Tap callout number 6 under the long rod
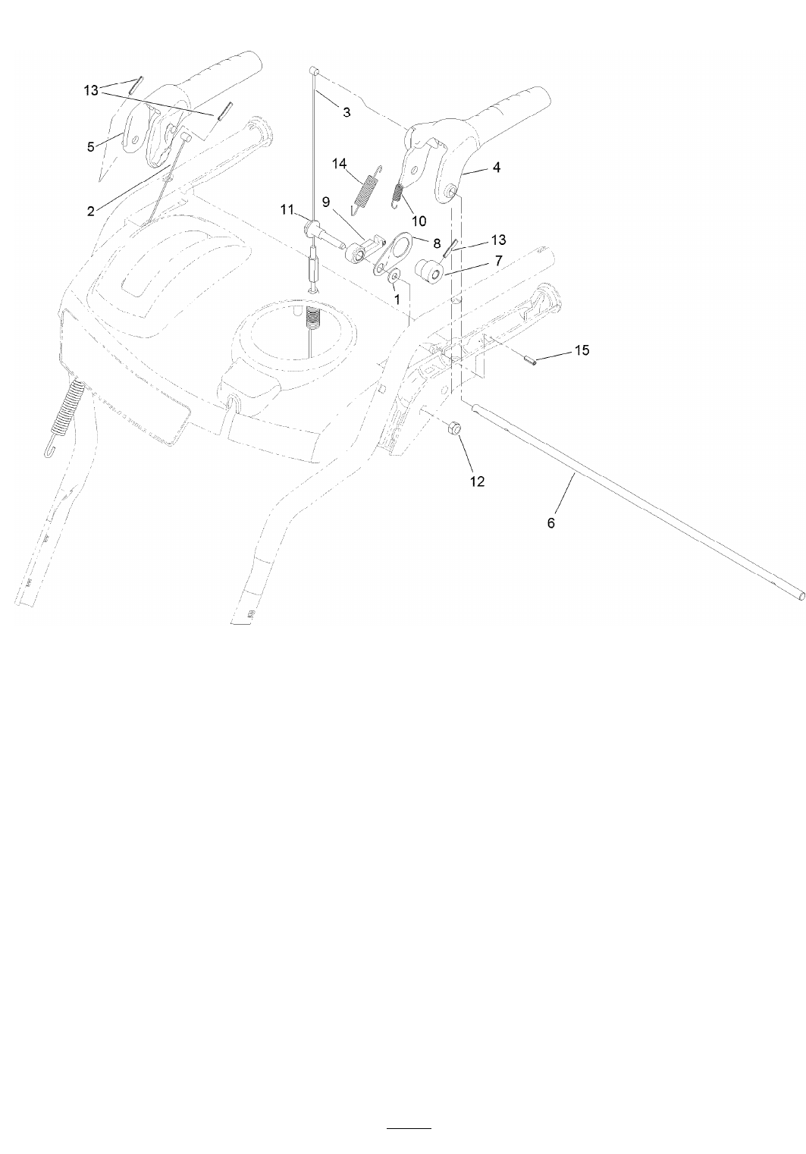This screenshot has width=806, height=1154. click(x=551, y=523)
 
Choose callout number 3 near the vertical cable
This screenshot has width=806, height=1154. click(x=347, y=112)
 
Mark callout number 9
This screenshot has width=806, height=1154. click(x=326, y=202)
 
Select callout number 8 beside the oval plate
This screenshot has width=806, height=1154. click(x=437, y=246)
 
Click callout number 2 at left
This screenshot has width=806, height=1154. click(x=91, y=212)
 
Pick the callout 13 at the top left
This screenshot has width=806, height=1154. click(x=91, y=90)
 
